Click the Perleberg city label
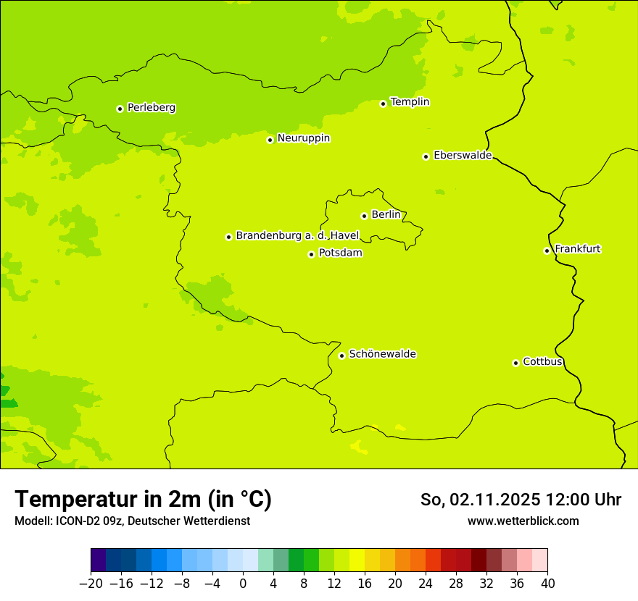point(151,108)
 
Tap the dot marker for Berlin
point(364,216)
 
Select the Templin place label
point(410,102)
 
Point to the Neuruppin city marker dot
point(270,140)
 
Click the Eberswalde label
point(463,156)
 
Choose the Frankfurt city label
point(577,249)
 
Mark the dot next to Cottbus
point(515,363)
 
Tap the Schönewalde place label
point(382,354)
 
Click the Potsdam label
point(340,253)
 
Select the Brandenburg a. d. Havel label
point(297,235)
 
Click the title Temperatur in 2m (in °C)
point(143,500)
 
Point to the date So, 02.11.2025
point(480,500)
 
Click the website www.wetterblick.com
point(523,521)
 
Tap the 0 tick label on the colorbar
point(243,584)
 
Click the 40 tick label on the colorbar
point(547,584)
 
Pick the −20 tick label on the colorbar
point(91,584)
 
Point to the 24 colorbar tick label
point(426,584)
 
